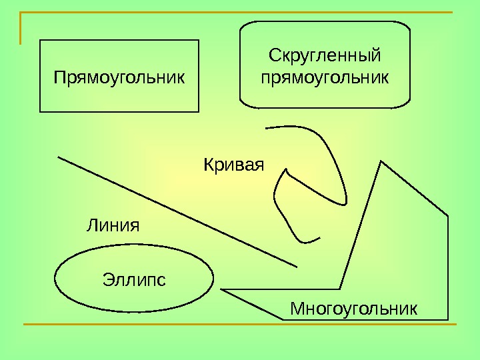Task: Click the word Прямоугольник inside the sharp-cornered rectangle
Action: click(x=119, y=78)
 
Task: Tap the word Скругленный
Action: click(x=325, y=53)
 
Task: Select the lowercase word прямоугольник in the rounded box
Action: click(x=325, y=77)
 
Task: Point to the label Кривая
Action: click(x=233, y=163)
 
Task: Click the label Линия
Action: click(x=113, y=225)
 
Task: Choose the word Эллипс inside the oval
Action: click(x=134, y=278)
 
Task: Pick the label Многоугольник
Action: click(x=354, y=309)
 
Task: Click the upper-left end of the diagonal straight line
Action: click(x=59, y=157)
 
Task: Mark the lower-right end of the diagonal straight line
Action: click(x=297, y=266)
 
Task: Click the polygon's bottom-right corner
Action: click(x=448, y=319)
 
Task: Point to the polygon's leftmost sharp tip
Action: click(x=221, y=289)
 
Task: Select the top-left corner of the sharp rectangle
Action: click(x=41, y=40)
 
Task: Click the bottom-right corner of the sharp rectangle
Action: click(x=199, y=111)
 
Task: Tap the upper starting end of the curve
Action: click(x=265, y=127)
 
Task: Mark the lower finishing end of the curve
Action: click(x=320, y=237)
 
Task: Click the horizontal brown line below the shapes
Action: click(x=240, y=325)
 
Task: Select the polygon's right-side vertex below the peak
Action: click(x=448, y=216)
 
